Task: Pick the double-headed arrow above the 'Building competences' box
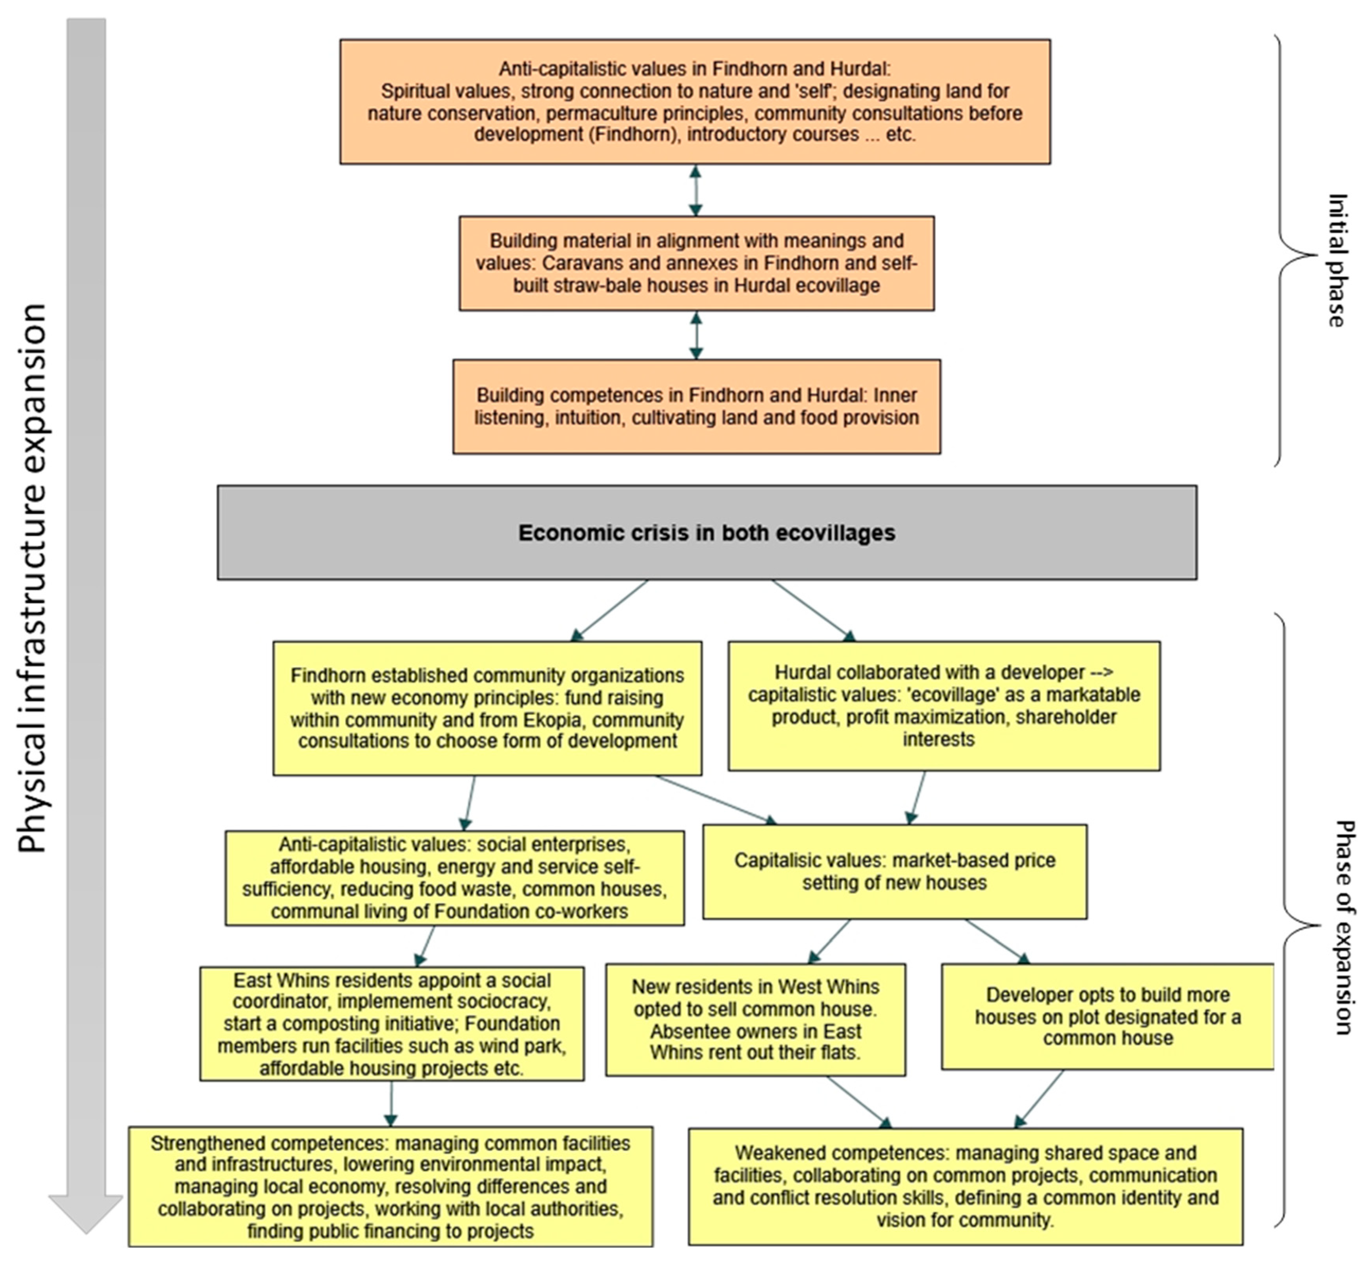[696, 336]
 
